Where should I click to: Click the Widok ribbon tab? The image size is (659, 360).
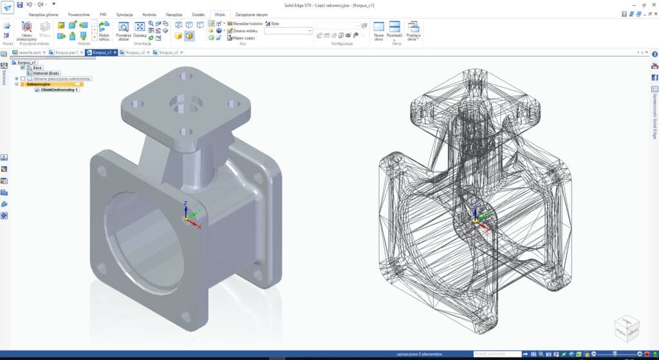coord(220,14)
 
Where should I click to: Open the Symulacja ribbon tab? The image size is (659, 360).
coord(125,14)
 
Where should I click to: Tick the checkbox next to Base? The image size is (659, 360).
coord(23,68)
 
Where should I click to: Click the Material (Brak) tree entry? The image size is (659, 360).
coord(47,73)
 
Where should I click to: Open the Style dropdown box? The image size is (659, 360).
coord(288,30)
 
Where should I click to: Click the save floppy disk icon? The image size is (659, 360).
coord(20,5)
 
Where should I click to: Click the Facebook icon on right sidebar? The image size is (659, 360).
coord(654,77)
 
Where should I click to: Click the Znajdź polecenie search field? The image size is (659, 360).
coord(497,354)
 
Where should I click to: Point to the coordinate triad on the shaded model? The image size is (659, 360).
coord(187,217)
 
